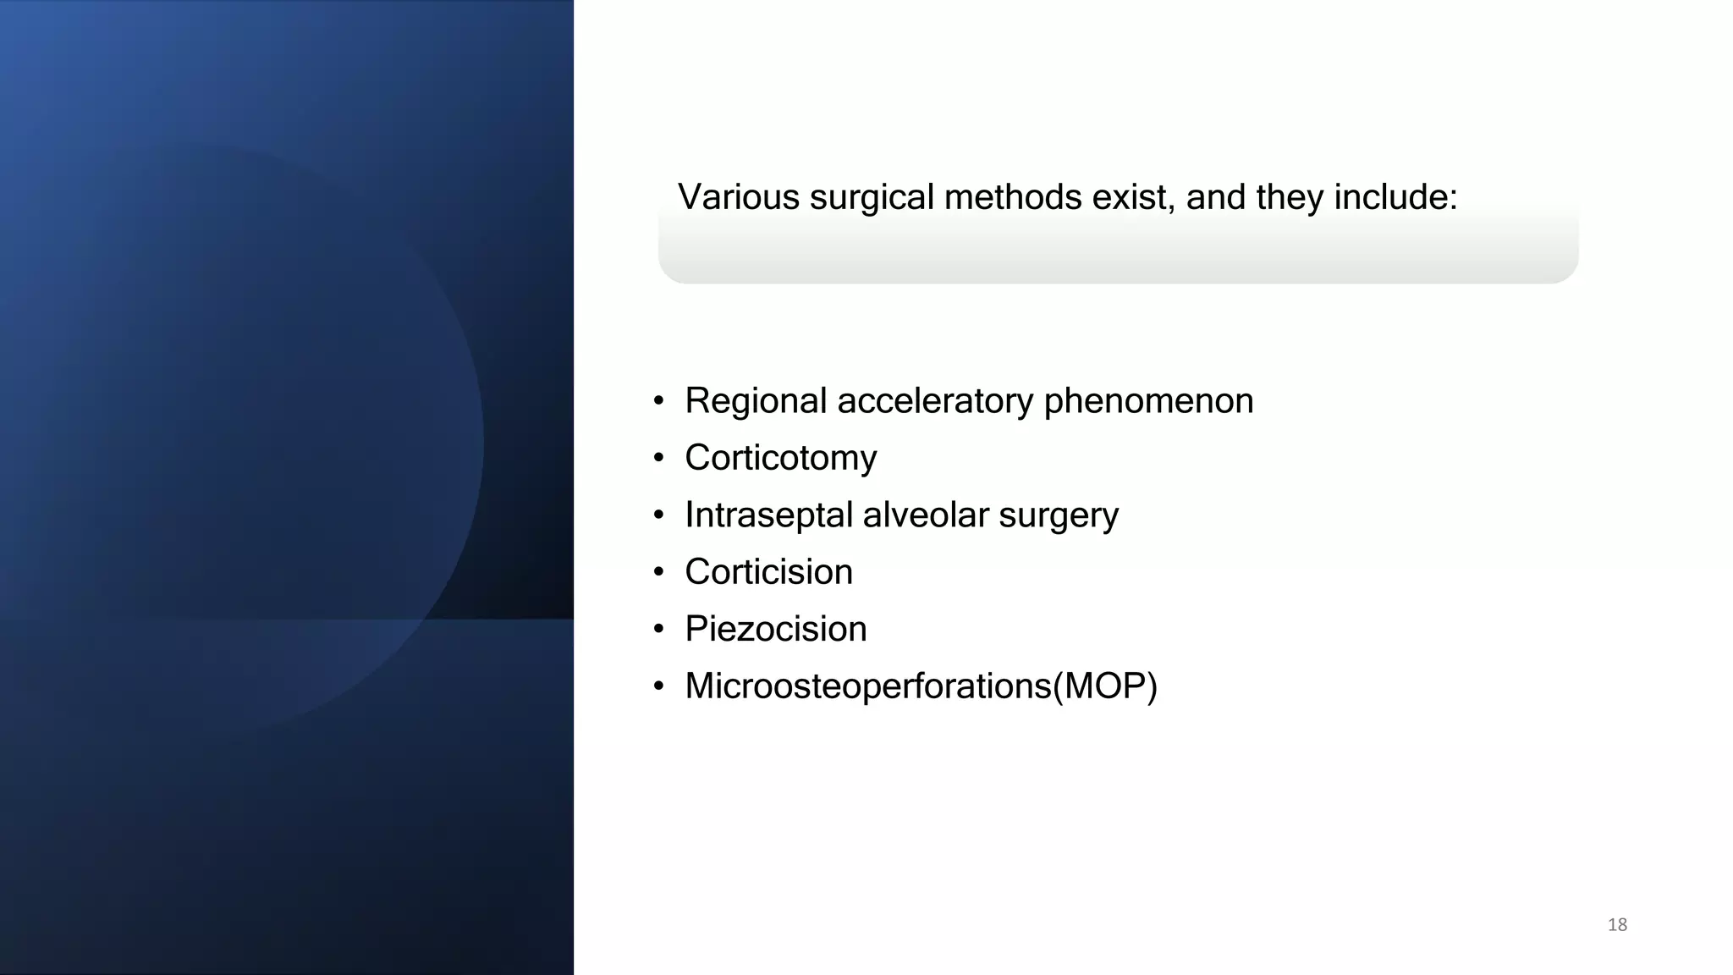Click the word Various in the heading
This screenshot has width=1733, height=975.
tap(738, 197)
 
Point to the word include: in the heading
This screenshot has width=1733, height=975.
tap(1395, 197)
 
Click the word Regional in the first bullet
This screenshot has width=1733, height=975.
tap(755, 401)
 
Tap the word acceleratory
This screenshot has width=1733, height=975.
tap(935, 401)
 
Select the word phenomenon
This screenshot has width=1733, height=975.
tap(1148, 401)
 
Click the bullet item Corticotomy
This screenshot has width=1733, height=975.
tap(780, 458)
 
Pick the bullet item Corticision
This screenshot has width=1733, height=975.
tap(768, 572)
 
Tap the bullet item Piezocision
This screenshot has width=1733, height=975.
tap(775, 629)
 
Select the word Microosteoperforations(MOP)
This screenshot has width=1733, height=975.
tap(921, 686)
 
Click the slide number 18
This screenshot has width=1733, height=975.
tap(1617, 924)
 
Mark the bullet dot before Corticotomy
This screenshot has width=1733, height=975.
tap(658, 459)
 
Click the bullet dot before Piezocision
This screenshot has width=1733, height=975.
tap(658, 630)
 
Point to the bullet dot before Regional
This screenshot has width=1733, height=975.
tap(658, 402)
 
